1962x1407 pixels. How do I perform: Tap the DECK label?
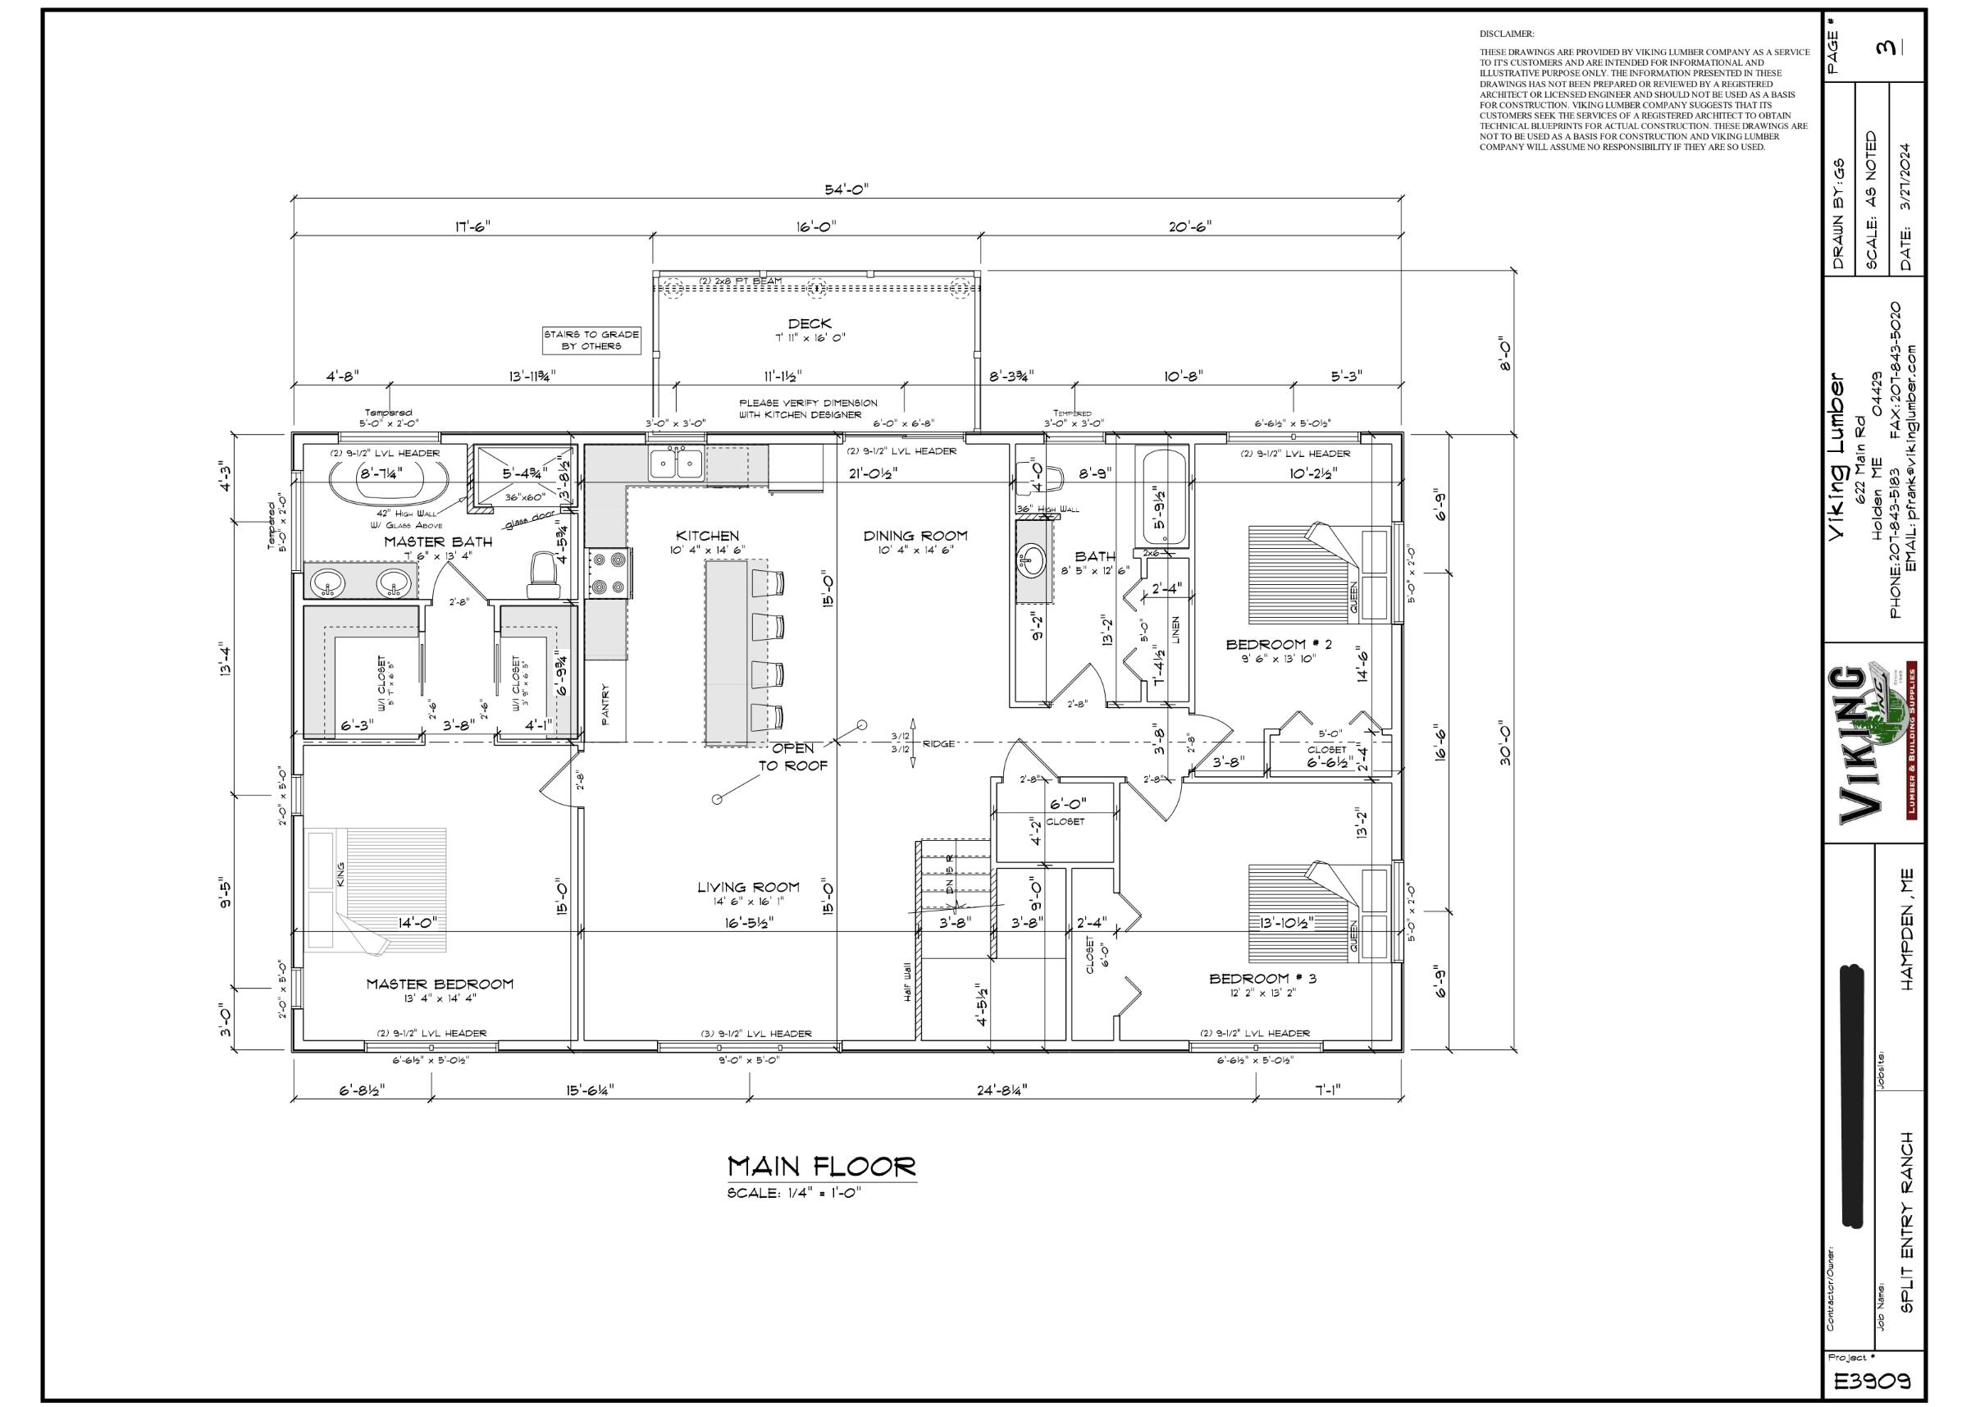[810, 323]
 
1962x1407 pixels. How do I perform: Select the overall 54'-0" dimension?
[846, 189]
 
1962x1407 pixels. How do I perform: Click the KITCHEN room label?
[707, 536]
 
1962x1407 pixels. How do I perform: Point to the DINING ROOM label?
[915, 536]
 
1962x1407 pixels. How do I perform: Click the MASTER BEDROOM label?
[440, 984]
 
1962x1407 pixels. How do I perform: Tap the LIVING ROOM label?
[748, 887]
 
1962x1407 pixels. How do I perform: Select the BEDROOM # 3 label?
[1262, 978]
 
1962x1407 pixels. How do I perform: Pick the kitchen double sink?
[677, 464]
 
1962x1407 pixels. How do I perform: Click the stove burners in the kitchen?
[606, 573]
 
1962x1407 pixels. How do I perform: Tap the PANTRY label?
[605, 700]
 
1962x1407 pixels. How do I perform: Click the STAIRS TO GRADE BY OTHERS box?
[591, 340]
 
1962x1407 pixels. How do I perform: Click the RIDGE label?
[938, 743]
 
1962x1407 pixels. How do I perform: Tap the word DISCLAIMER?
[1506, 34]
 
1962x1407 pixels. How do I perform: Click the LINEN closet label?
[1175, 629]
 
